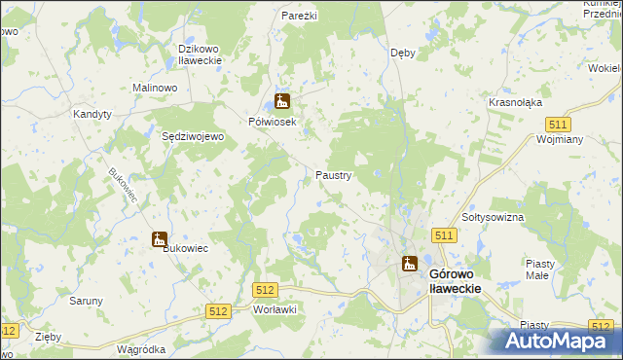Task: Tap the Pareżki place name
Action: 301,17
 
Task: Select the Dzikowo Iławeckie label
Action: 201,54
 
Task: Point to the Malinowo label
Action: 154,88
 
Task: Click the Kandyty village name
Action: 93,114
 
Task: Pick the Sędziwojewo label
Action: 193,137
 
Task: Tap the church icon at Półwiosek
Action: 282,100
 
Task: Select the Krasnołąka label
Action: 515,102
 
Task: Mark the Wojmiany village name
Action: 559,139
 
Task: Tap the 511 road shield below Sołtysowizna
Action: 445,235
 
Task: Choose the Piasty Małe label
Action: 539,269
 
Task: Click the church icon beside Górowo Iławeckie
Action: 409,264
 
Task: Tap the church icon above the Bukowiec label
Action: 159,239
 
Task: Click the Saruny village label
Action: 86,301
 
